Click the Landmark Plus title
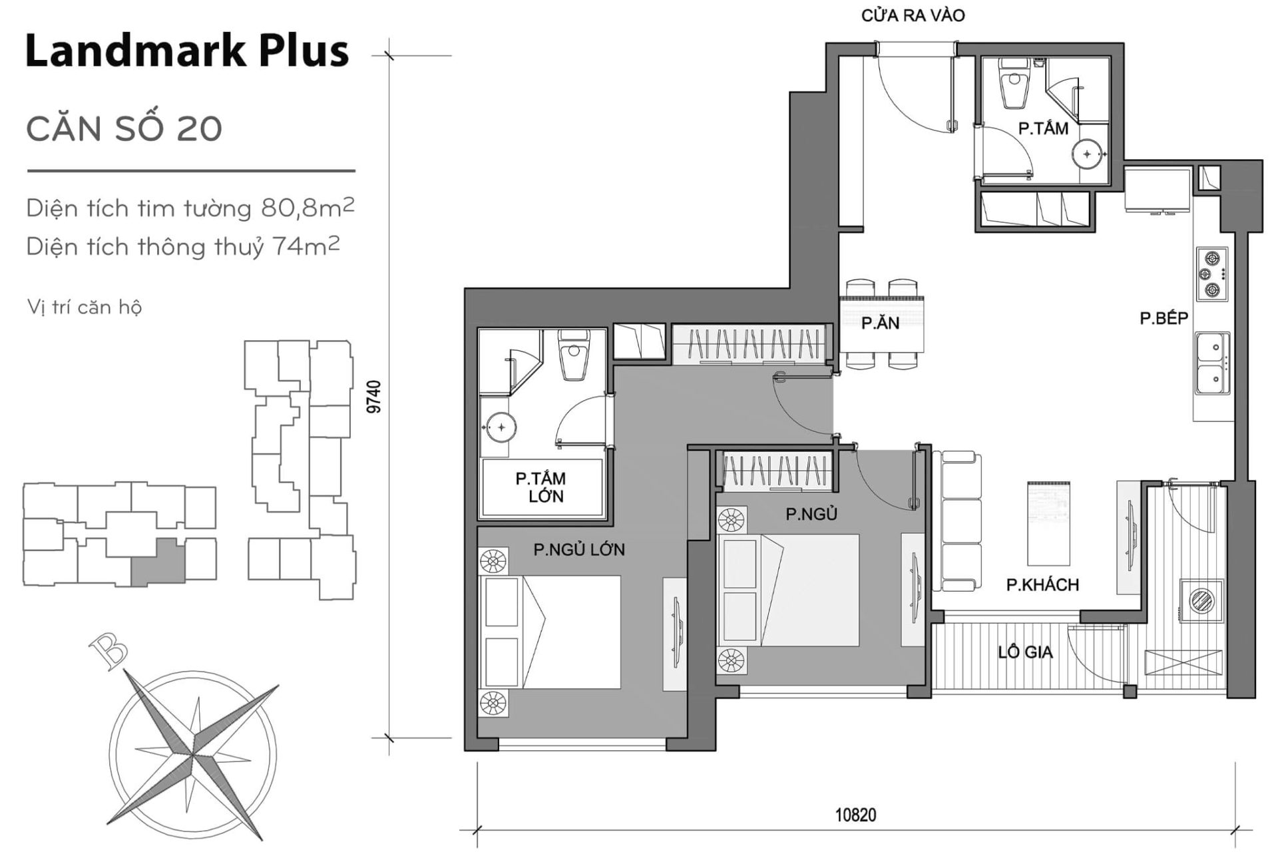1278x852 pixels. (187, 51)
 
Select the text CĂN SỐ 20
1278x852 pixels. (124, 128)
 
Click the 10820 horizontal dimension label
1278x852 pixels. (855, 815)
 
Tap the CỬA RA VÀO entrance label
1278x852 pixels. (913, 15)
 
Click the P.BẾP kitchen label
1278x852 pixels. (1164, 318)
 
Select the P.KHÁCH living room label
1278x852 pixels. (1042, 585)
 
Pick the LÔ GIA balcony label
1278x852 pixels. (1024, 652)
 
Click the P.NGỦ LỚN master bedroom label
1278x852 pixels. (578, 550)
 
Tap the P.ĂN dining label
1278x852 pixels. (880, 323)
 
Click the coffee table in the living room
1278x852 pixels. (1049, 523)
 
